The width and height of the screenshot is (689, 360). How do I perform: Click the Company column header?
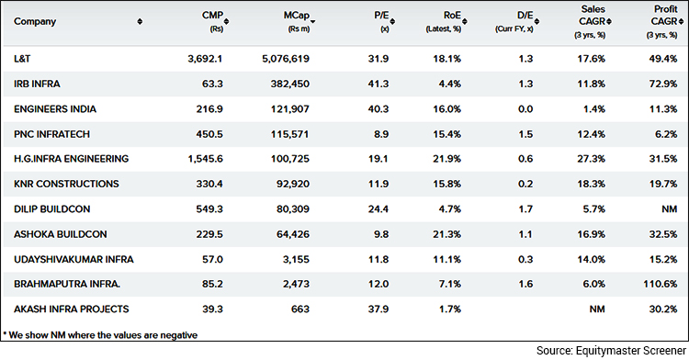[36, 21]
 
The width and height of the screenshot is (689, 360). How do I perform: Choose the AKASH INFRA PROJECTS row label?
[69, 309]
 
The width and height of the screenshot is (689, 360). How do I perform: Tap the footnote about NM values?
[101, 334]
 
